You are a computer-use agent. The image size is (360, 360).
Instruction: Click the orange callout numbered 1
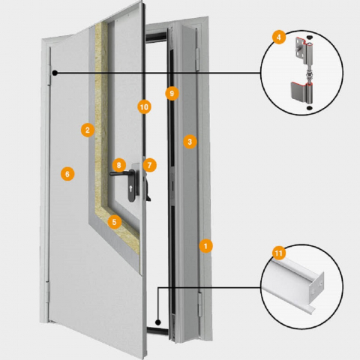click(x=205, y=246)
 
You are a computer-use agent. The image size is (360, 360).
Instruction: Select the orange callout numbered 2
click(x=88, y=130)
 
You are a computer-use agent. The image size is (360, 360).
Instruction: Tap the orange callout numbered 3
click(x=190, y=142)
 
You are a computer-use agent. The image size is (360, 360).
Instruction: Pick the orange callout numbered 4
click(x=279, y=37)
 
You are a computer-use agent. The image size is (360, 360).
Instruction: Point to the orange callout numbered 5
click(x=115, y=222)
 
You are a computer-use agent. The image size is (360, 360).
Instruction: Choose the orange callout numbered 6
click(x=67, y=174)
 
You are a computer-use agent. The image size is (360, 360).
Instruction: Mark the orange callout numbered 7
click(x=150, y=165)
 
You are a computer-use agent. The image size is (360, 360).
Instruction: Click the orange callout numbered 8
click(x=118, y=165)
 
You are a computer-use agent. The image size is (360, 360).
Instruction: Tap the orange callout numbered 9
click(x=172, y=94)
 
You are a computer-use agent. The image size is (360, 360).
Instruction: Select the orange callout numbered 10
click(x=144, y=107)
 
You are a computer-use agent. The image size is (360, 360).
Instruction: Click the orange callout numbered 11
click(x=279, y=253)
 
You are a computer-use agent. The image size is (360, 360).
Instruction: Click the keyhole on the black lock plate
click(x=131, y=188)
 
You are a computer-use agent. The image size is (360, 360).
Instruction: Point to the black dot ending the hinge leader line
click(x=55, y=73)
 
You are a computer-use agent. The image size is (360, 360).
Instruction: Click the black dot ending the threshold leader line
click(x=157, y=322)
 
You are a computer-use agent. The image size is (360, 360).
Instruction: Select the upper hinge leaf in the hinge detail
click(x=302, y=50)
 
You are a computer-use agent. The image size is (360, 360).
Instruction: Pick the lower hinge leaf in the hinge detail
click(x=301, y=92)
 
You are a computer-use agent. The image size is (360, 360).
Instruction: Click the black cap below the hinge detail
click(x=310, y=108)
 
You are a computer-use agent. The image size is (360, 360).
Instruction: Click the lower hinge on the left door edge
click(x=47, y=292)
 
